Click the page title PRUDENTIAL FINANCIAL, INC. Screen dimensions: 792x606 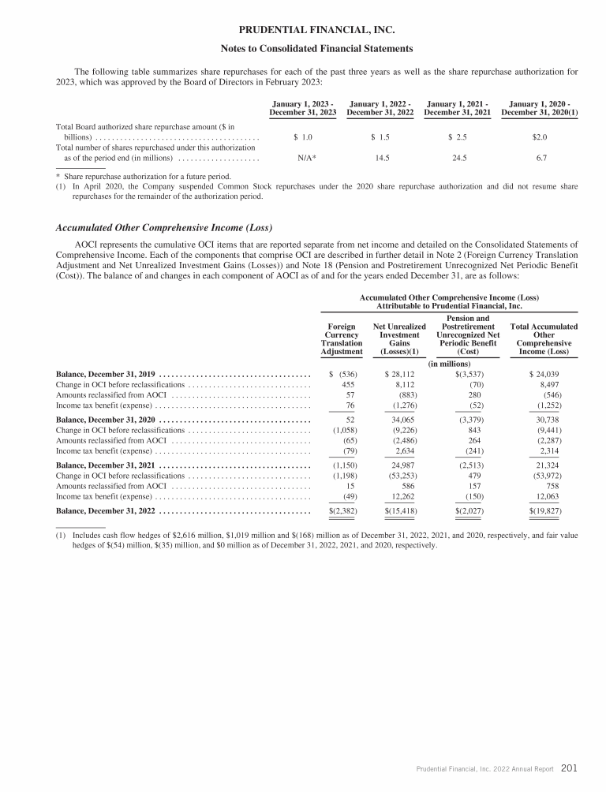302,31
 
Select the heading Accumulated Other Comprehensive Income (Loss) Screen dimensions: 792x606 164,228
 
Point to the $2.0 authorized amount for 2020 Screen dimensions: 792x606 540,137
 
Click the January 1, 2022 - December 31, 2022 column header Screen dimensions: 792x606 381,107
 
